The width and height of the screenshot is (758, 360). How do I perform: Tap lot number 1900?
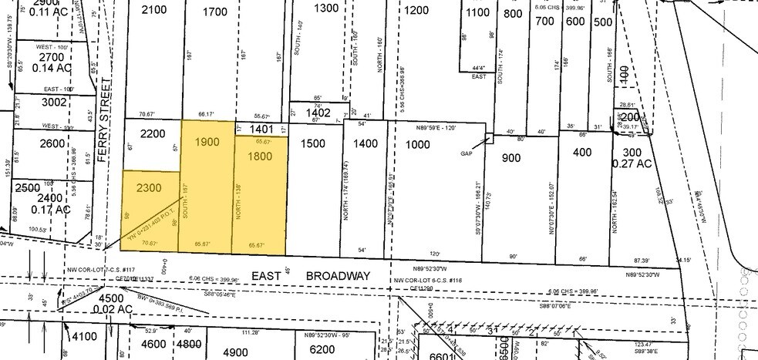click(207, 142)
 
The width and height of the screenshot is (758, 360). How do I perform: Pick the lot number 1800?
click(261, 156)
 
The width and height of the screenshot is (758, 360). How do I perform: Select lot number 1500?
click(314, 143)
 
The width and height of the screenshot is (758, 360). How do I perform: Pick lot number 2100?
click(154, 9)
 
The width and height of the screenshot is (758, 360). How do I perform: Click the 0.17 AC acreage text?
click(52, 209)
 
